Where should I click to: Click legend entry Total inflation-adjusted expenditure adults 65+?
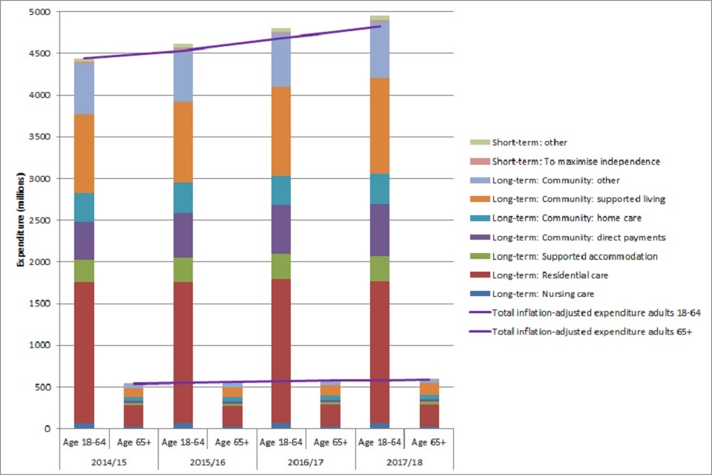pos(592,332)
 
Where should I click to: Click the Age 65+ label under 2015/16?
pos(231,442)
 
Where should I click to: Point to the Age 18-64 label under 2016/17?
pos(281,442)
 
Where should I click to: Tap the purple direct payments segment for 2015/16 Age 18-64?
pos(182,235)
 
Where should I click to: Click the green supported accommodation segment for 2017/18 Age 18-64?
pos(380,268)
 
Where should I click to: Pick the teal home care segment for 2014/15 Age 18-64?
pos(85,207)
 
